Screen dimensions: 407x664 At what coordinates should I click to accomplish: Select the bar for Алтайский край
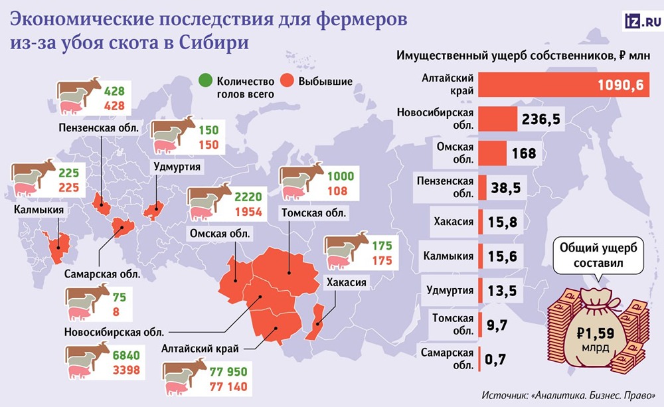point(564,86)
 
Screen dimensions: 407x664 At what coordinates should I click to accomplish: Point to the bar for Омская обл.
point(491,152)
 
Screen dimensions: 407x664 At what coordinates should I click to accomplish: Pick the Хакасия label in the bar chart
point(455,222)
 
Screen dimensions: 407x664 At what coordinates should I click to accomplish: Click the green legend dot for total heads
point(206,82)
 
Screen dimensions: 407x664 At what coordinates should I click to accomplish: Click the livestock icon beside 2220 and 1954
point(208,203)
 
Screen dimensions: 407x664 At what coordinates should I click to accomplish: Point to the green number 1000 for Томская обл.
point(341,177)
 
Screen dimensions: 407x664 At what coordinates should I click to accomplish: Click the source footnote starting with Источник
point(569,394)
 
